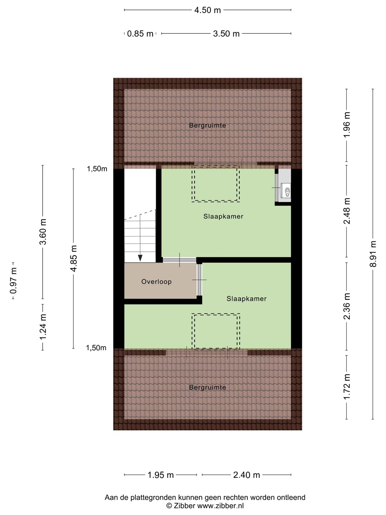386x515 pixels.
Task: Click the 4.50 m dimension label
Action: tap(207, 10)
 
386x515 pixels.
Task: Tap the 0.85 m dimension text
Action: tap(140, 34)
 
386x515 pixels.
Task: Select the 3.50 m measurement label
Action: tap(226, 34)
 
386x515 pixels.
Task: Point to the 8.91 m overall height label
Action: tap(373, 254)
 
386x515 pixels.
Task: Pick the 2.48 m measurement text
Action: tap(347, 211)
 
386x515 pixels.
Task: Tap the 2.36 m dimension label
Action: tap(347, 306)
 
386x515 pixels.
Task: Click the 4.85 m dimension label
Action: tap(74, 259)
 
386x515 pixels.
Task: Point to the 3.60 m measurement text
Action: tap(43, 232)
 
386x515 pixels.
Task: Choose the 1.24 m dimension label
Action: tap(43, 327)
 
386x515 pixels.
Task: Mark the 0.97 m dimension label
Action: tap(13, 281)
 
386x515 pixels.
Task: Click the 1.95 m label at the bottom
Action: tap(160, 475)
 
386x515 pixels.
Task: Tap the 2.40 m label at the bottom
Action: tap(247, 475)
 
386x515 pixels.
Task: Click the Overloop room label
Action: tap(156, 281)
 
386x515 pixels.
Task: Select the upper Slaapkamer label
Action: tap(223, 216)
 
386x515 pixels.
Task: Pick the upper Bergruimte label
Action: tap(207, 125)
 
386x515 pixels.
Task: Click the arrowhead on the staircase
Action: tap(140, 258)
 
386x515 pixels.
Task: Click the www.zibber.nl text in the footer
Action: tap(220, 506)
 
